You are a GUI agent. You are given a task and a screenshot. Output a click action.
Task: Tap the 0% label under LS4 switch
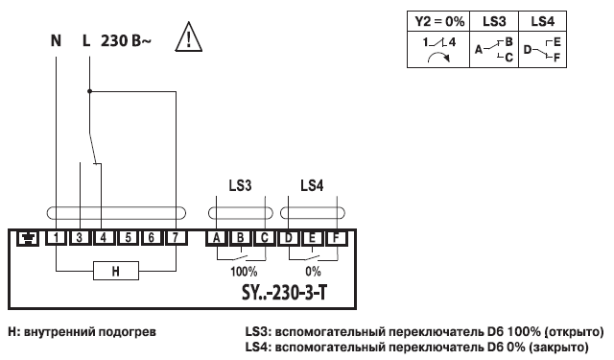[x=314, y=272]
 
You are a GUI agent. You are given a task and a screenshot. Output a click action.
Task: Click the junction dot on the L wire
[x=89, y=92]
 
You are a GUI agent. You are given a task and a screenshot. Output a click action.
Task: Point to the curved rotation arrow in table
[x=437, y=58]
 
